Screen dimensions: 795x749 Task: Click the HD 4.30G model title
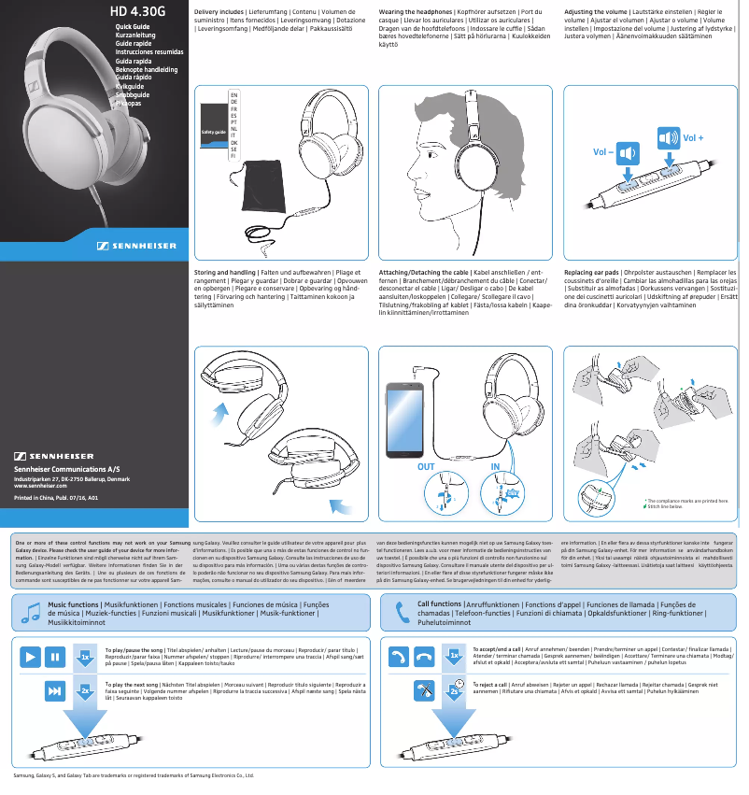(137, 13)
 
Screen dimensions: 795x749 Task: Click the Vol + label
(693, 138)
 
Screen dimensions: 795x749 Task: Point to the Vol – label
(604, 151)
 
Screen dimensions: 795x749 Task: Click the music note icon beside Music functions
(31, 612)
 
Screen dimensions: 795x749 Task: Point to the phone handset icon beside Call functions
(403, 612)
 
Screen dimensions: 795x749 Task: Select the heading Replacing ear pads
(595, 272)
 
